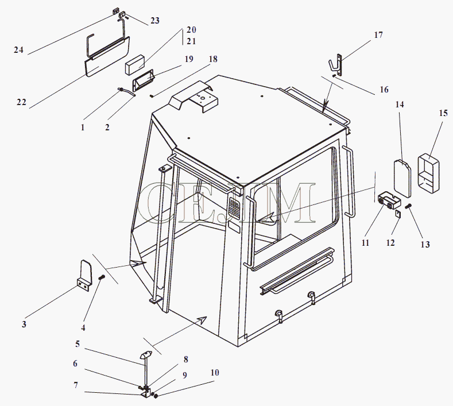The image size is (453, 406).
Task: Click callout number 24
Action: tap(18, 50)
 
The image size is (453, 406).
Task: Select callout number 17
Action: tap(378, 35)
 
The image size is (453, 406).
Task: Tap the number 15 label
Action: tap(443, 113)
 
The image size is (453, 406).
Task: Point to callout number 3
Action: tap(24, 324)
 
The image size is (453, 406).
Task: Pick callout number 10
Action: tap(215, 373)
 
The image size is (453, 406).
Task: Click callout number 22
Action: tap(21, 102)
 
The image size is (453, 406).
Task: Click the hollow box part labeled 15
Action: tap(428, 174)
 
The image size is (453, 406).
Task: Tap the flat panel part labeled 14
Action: tap(402, 179)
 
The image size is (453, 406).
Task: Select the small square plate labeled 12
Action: tap(398, 214)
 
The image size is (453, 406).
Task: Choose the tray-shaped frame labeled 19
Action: tap(144, 81)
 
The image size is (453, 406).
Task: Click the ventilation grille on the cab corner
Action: tap(234, 209)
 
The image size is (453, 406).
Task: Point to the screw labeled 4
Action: tap(102, 277)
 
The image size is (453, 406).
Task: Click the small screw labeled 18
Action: tap(152, 96)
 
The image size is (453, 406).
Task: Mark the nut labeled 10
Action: tap(156, 396)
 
